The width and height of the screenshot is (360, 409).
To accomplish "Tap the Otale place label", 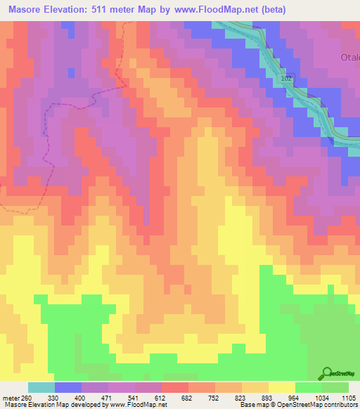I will click(350, 59).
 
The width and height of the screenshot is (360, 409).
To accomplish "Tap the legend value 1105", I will click(347, 397).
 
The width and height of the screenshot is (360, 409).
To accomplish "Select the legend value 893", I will click(267, 397).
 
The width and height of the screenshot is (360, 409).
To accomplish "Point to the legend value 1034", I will click(321, 397).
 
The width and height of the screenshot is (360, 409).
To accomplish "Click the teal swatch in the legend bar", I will click(41, 387).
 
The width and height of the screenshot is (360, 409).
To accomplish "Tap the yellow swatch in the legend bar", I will click(281, 387).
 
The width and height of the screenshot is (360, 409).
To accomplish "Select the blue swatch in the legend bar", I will click(67, 387).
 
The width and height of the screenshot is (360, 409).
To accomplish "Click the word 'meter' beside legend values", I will click(10, 397).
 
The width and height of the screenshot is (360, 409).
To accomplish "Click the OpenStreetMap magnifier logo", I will click(327, 372).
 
